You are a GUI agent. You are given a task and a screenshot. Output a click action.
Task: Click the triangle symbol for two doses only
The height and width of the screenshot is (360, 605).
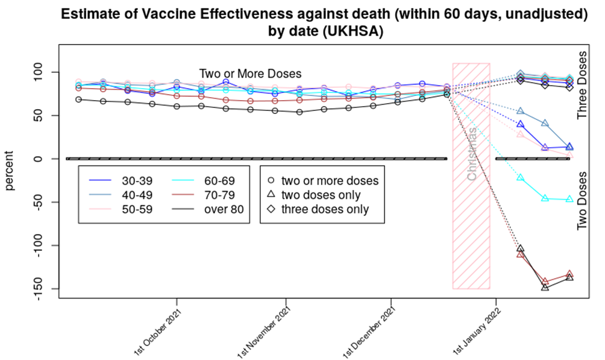pos(271,194)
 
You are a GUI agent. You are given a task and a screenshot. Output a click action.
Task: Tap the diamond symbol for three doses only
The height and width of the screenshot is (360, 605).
pos(271,209)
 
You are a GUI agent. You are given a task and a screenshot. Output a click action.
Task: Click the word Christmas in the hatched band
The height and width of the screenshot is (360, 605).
pos(472,154)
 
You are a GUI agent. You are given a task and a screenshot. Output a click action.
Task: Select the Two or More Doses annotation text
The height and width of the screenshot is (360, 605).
pos(250,74)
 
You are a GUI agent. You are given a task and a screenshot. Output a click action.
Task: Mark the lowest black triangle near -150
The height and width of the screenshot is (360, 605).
pos(545,287)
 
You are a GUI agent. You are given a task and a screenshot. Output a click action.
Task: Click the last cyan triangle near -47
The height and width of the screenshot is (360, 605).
pos(569,199)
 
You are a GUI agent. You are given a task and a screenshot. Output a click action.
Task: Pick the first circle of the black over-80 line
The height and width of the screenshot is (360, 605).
pos(79,99)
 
